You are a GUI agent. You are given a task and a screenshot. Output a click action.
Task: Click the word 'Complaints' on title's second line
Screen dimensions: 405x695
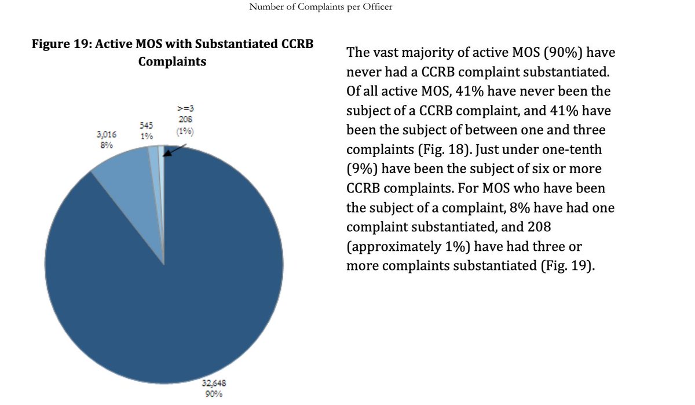point(172,61)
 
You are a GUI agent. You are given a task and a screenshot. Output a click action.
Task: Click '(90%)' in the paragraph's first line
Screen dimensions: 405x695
point(562,52)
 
